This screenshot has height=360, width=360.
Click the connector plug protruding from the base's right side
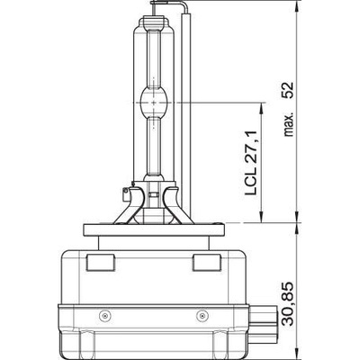[265, 320]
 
